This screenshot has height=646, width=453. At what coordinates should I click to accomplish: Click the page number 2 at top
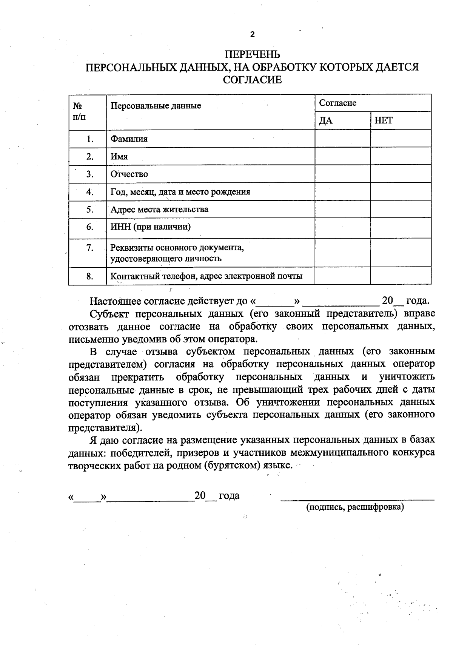[252, 35]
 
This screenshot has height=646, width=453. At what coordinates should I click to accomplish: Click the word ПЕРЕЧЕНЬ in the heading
[252, 55]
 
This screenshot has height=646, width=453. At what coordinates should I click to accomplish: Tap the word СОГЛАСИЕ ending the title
[252, 80]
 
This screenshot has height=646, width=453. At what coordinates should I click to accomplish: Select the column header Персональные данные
[156, 106]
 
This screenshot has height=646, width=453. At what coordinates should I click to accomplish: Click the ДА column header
[326, 120]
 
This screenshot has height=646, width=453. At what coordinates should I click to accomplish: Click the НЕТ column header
[384, 120]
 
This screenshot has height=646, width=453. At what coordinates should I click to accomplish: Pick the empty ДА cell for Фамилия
[342, 139]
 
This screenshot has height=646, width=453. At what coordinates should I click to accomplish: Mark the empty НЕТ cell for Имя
[401, 156]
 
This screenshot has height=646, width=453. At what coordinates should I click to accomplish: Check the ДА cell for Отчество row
[342, 174]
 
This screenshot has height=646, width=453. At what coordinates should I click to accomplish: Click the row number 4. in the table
[89, 191]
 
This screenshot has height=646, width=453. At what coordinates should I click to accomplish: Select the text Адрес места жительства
[159, 209]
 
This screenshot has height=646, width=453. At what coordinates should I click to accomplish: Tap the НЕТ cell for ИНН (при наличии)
[401, 228]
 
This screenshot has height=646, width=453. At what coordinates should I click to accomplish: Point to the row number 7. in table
[89, 248]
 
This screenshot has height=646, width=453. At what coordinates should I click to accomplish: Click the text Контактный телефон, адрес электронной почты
[206, 276]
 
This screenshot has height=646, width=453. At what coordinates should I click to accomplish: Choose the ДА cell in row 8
[342, 276]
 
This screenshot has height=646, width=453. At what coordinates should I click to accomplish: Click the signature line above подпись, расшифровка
[357, 500]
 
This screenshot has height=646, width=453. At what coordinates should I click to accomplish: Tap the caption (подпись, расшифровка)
[355, 507]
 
